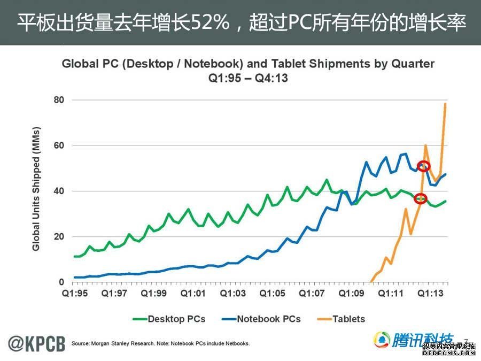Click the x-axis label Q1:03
point(232,294)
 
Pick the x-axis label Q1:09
point(352,294)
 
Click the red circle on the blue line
point(423,166)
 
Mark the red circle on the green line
point(421,198)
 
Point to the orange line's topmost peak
point(445,103)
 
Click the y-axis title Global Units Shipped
point(36,189)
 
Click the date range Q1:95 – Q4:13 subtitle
point(248,78)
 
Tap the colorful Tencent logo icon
point(382,340)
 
